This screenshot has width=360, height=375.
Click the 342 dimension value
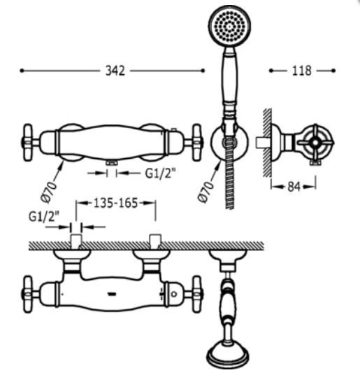coord(115,71)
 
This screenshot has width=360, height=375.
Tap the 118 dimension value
coord(302,71)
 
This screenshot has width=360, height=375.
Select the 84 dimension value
coord(294,187)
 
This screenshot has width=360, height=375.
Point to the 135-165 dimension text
coord(116,204)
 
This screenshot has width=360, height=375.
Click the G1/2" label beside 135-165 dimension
coord(43,217)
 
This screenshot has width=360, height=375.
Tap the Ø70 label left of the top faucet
coord(49,192)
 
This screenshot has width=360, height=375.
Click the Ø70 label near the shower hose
coord(206,192)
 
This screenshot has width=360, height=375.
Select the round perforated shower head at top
coord(229,27)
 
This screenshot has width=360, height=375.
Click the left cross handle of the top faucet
coord(28,143)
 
